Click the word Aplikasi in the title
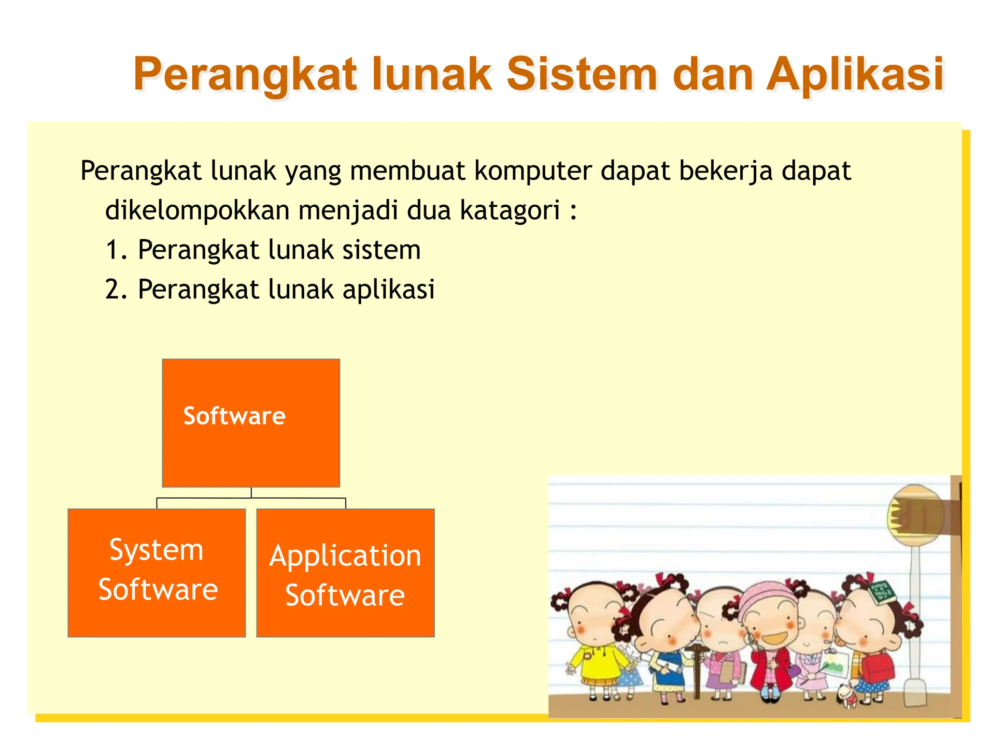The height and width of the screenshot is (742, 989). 855,75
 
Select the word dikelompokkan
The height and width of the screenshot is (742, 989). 197,211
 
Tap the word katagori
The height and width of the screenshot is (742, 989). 510,211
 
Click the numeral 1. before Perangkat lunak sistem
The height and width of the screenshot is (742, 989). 116,250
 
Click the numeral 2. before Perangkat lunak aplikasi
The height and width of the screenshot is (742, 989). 116,290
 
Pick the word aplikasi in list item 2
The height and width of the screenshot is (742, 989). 389,290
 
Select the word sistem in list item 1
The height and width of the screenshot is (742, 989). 381,250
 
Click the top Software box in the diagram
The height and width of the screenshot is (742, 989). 251,423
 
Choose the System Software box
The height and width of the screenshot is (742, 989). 156,572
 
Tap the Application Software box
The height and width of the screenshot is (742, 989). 345,572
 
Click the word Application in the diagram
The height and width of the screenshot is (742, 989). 345,556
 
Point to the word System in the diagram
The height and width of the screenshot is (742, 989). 156,550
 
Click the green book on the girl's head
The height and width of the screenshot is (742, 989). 882,592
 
